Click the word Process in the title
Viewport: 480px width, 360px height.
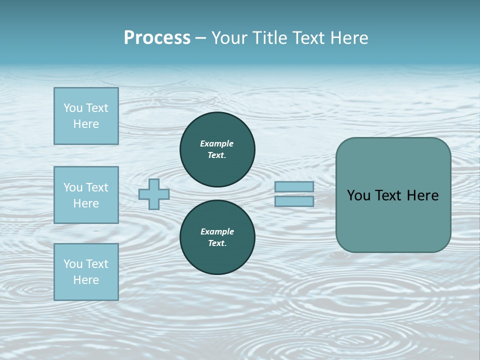tap(157, 38)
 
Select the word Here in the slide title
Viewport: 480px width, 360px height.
tap(348, 38)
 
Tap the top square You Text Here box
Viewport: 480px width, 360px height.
tap(86, 116)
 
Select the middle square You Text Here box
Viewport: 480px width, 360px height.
tap(86, 195)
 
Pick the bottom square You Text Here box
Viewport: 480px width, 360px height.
tap(86, 272)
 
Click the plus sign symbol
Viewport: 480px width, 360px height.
tap(154, 194)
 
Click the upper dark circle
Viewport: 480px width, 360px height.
tap(217, 149)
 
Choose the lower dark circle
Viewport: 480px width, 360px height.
tap(217, 237)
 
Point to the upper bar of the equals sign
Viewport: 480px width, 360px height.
tap(294, 187)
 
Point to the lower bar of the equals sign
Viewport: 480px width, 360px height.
tap(294, 201)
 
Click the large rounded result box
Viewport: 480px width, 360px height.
tap(393, 195)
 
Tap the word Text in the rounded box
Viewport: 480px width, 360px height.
tap(389, 195)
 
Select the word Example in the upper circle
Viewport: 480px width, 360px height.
tap(217, 143)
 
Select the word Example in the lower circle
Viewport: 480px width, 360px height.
tap(217, 231)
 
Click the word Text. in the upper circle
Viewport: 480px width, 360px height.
tap(217, 155)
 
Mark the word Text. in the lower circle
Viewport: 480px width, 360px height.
tap(217, 243)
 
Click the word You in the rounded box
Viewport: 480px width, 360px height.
tap(359, 195)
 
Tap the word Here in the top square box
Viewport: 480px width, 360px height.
tap(86, 124)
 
